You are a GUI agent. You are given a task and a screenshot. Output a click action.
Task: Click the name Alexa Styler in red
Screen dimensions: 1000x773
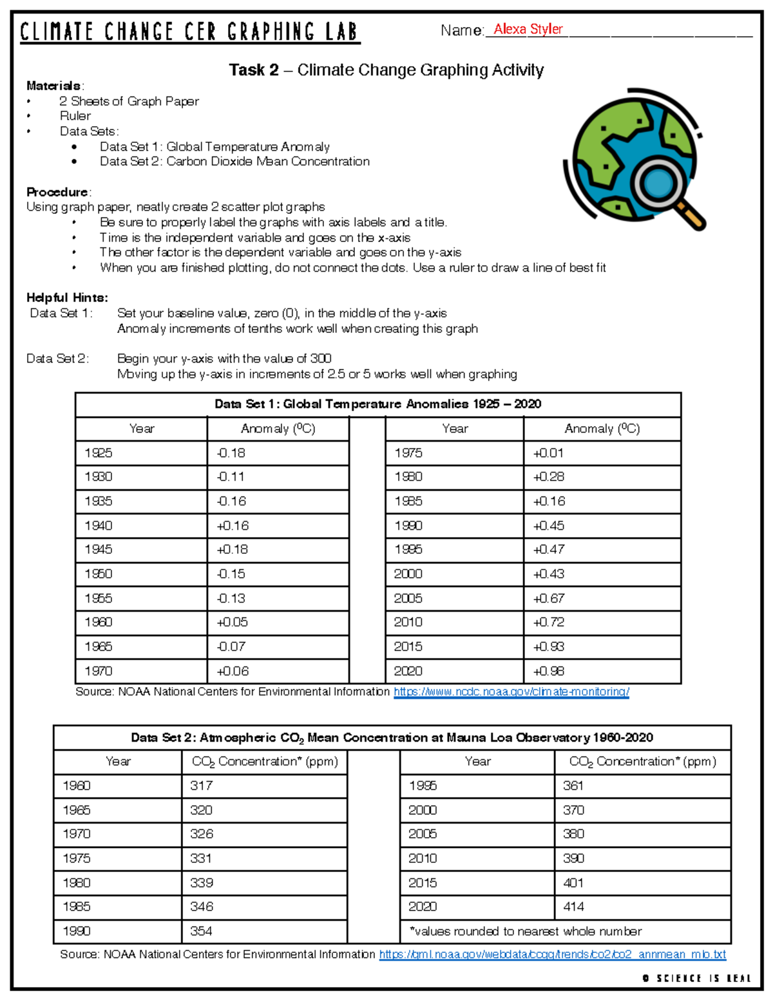pos(528,29)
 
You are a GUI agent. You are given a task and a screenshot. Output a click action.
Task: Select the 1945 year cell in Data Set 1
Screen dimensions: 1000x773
pos(99,549)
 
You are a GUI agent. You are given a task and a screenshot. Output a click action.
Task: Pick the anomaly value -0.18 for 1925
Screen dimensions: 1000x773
pos(231,453)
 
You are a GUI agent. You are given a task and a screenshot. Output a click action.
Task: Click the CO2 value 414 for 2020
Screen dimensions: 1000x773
pos(573,907)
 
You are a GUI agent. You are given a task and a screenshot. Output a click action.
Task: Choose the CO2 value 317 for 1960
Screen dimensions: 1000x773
pos(201,786)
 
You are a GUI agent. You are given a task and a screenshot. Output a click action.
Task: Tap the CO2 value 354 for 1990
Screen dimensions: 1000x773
pos(201,931)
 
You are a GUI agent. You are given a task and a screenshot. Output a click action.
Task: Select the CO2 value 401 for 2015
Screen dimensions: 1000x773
pos(573,883)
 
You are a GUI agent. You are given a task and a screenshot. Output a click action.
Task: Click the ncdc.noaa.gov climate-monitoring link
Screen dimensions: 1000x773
pos(511,692)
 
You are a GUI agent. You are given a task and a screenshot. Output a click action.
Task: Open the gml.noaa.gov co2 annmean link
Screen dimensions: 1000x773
pos(552,954)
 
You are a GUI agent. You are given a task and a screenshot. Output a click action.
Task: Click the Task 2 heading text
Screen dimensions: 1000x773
pos(386,70)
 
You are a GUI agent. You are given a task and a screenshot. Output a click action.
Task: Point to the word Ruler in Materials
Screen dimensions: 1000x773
pos(75,116)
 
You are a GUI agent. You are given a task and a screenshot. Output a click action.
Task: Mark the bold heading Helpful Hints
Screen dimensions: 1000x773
pos(67,297)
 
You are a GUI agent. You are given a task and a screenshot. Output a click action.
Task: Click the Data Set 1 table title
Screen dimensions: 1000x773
pos(377,404)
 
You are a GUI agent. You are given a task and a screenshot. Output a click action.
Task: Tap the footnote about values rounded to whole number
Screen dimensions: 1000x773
pos(525,931)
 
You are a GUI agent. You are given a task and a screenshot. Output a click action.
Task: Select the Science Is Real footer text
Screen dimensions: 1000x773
pos(697,978)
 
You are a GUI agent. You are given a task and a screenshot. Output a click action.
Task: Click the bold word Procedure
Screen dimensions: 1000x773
pos(58,192)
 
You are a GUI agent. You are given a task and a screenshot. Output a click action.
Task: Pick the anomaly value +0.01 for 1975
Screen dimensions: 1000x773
pos(548,453)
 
